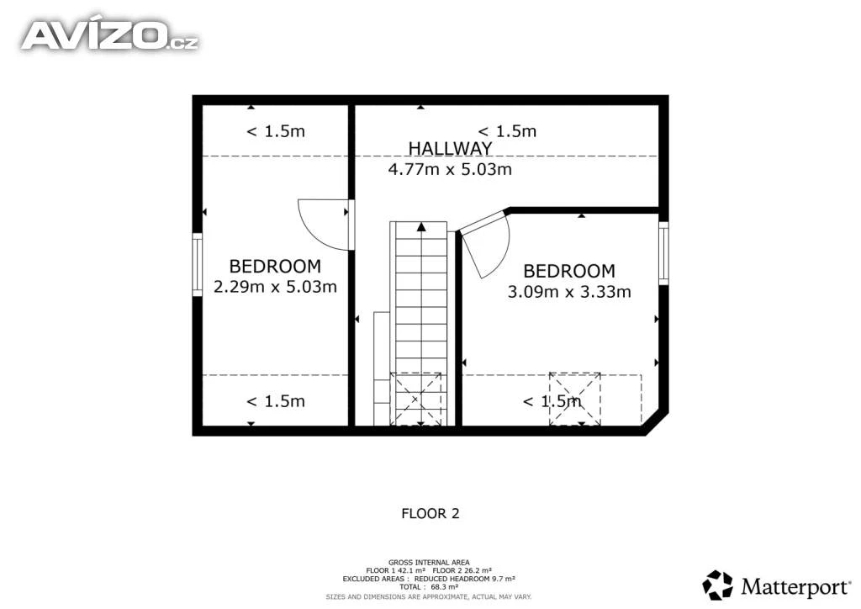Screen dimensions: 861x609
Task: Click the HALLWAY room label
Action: point(450,148)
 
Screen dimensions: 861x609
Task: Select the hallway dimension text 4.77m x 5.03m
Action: point(450,169)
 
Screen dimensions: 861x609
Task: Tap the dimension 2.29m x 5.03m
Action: point(275,287)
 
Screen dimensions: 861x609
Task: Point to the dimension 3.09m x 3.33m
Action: point(569,292)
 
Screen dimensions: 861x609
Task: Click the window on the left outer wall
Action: point(197,265)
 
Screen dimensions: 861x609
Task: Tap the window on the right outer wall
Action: point(663,253)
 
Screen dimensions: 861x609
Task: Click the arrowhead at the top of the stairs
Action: point(421,227)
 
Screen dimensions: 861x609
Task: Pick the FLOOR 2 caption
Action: point(430,513)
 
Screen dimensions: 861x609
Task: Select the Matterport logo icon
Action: point(718,585)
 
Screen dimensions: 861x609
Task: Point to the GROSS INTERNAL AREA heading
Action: point(429,563)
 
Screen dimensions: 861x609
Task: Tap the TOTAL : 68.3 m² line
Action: point(429,587)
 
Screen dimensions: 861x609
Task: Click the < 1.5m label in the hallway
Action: point(507,131)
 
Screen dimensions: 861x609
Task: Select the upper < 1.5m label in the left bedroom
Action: point(276,131)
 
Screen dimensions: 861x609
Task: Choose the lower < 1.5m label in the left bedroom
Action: point(276,401)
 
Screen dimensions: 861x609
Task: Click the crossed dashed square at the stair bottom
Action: point(415,400)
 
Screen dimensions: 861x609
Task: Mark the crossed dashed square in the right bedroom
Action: point(575,400)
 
